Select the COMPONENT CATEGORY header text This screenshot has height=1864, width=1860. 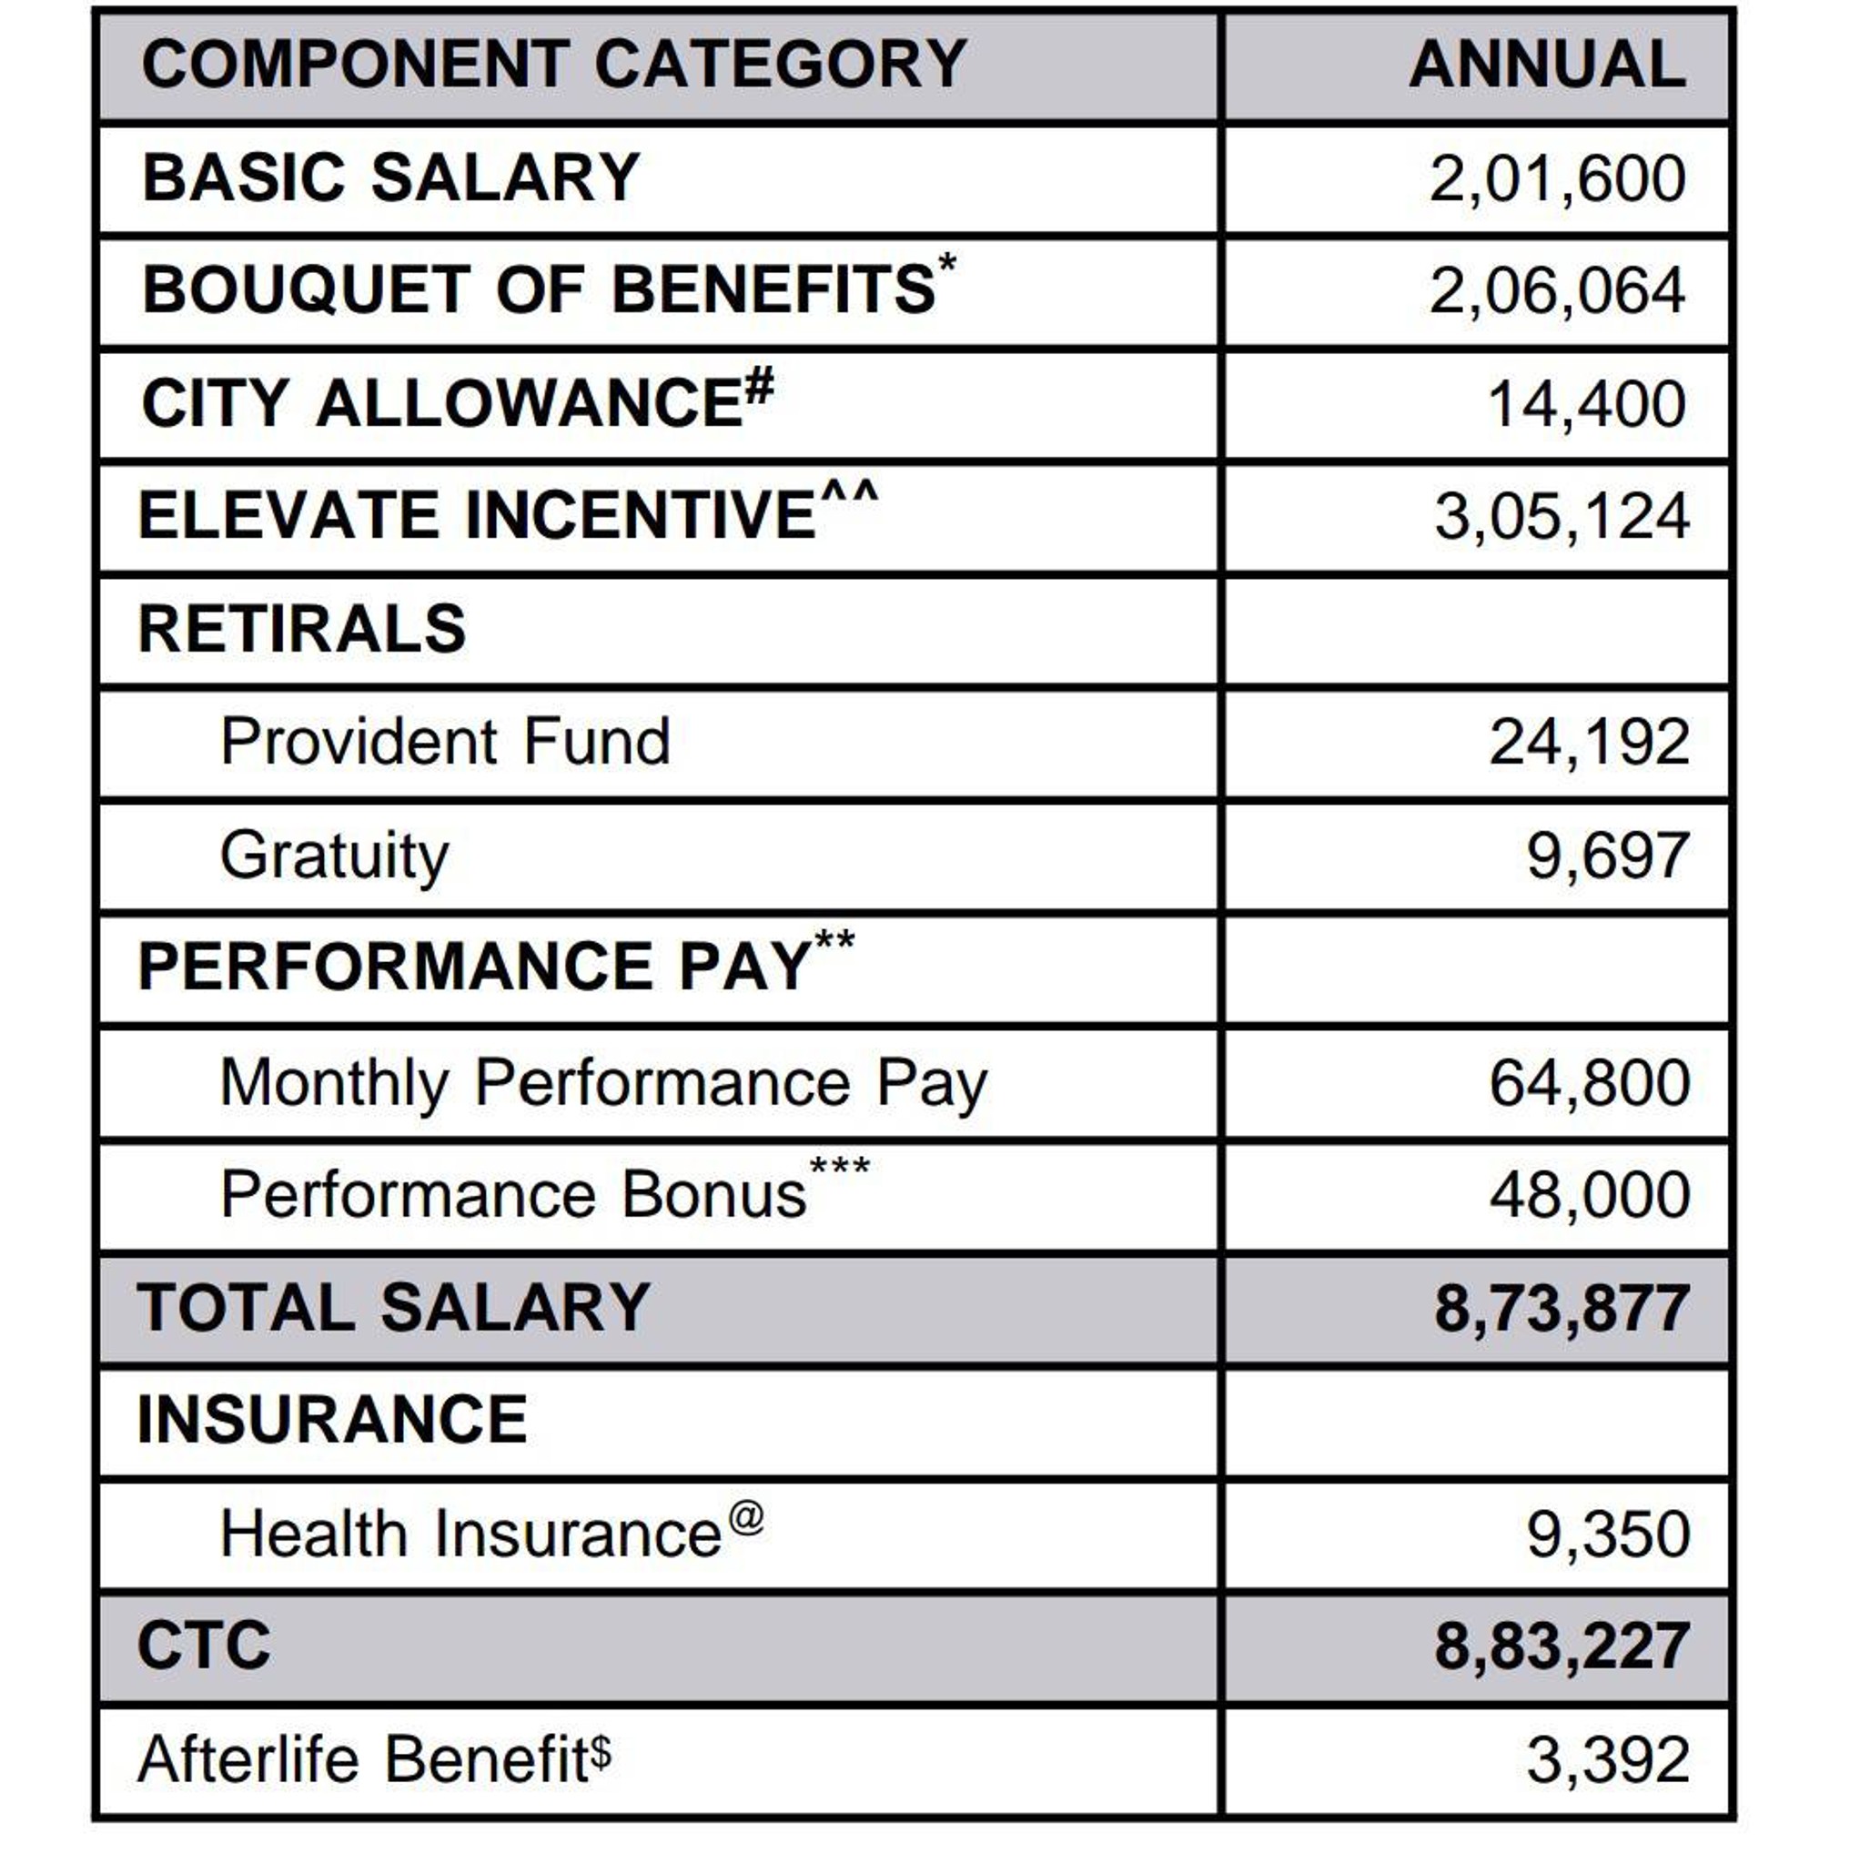pyautogui.click(x=554, y=65)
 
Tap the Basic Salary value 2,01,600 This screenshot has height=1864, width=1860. pyautogui.click(x=1556, y=178)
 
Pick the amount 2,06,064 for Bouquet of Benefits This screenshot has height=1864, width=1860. pyautogui.click(x=1556, y=291)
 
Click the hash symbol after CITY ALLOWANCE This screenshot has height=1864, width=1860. pyautogui.click(x=759, y=388)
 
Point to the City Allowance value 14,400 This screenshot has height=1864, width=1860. pyautogui.click(x=1586, y=404)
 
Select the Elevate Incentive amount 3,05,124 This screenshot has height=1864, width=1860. pyautogui.click(x=1561, y=517)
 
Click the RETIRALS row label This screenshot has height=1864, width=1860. pyautogui.click(x=302, y=629)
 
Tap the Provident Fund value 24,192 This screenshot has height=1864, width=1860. pyautogui.click(x=1589, y=743)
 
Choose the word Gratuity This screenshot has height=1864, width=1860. pyautogui.click(x=335, y=856)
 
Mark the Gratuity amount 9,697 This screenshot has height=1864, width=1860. pyautogui.click(x=1607, y=856)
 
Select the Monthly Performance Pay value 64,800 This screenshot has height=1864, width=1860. pyautogui.click(x=1589, y=1082)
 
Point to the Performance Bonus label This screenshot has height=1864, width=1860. pyautogui.click(x=513, y=1195)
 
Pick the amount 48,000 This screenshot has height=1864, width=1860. pyautogui.click(x=1589, y=1195)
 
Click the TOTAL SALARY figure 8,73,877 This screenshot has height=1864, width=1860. pyautogui.click(x=1561, y=1309)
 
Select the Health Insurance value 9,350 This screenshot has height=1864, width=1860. pyautogui.click(x=1607, y=1535)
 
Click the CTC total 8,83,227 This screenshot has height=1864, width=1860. pyautogui.click(x=1561, y=1648)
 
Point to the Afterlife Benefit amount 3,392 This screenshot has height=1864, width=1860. pyautogui.click(x=1607, y=1761)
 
